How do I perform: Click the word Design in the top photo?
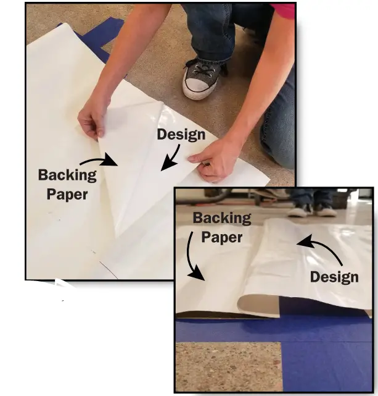[x=181, y=134]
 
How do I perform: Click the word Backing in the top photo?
[x=67, y=175]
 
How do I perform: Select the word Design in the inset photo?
[x=334, y=277]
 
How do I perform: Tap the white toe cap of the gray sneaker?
[x=196, y=89]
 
